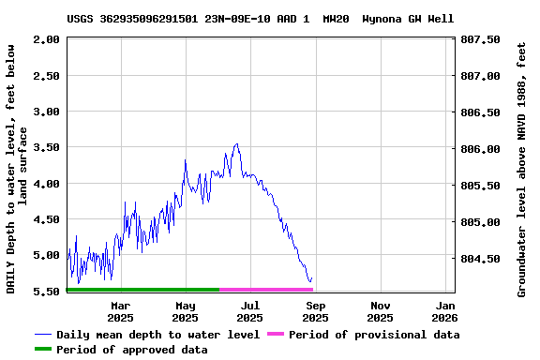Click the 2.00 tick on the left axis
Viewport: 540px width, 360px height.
pos(48,39)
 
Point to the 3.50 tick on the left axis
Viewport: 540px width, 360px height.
pos(48,147)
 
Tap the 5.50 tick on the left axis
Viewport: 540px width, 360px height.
pos(48,292)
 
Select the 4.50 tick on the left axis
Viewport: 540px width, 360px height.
pos(48,219)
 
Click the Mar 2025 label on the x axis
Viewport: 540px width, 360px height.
pos(120,311)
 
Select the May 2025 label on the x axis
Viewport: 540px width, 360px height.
pos(186,311)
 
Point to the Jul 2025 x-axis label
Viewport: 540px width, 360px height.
pos(250,311)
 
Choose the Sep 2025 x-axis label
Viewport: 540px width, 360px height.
pos(316,311)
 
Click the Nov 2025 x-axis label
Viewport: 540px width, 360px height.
pos(381,311)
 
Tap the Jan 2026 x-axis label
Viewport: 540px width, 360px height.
pos(446,311)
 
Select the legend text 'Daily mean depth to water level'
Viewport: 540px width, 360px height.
pos(157,335)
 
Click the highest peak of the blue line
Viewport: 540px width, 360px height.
pos(237,143)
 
